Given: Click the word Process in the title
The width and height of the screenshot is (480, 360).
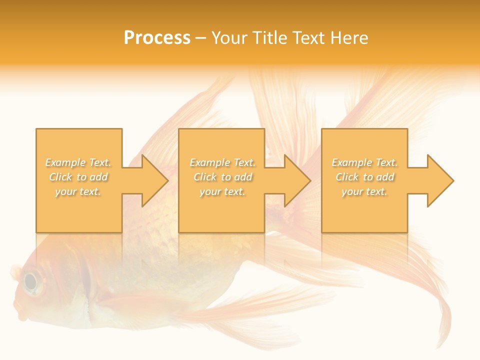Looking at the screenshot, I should [157, 38].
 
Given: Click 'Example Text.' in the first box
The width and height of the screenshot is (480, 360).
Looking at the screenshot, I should [78, 162].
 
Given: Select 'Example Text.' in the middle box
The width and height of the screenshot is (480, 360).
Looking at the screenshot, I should [222, 162].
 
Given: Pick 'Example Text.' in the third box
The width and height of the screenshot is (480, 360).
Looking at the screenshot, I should [364, 162].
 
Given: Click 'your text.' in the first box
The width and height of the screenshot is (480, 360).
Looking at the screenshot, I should [78, 191].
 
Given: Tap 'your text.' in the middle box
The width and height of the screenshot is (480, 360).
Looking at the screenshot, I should [222, 191].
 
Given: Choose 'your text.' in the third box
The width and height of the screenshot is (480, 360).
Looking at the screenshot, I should [364, 191].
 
